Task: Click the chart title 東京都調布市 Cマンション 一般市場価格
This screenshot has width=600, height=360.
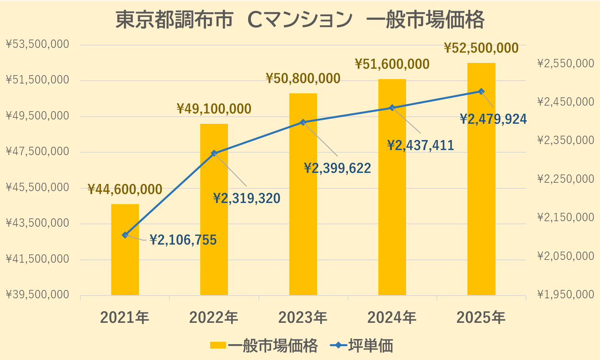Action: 300,20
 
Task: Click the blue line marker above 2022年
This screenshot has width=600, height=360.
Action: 214,153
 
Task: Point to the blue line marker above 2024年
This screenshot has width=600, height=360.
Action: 392,108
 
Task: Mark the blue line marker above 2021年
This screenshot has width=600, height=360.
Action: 125,235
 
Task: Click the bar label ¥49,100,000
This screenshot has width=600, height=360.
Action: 214,109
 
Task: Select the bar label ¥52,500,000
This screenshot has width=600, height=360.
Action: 481,48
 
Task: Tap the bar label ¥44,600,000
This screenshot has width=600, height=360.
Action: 125,189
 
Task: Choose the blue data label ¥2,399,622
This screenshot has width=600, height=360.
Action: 338,169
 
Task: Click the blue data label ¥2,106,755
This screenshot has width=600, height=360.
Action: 183,240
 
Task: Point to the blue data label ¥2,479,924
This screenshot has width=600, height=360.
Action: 494,119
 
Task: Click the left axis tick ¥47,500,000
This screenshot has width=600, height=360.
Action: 38,152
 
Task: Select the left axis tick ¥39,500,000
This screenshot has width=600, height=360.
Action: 38,295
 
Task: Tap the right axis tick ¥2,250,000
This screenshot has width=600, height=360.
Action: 566,179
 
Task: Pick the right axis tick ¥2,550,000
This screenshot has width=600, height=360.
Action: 566,64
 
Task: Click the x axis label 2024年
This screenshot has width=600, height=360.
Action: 392,318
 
